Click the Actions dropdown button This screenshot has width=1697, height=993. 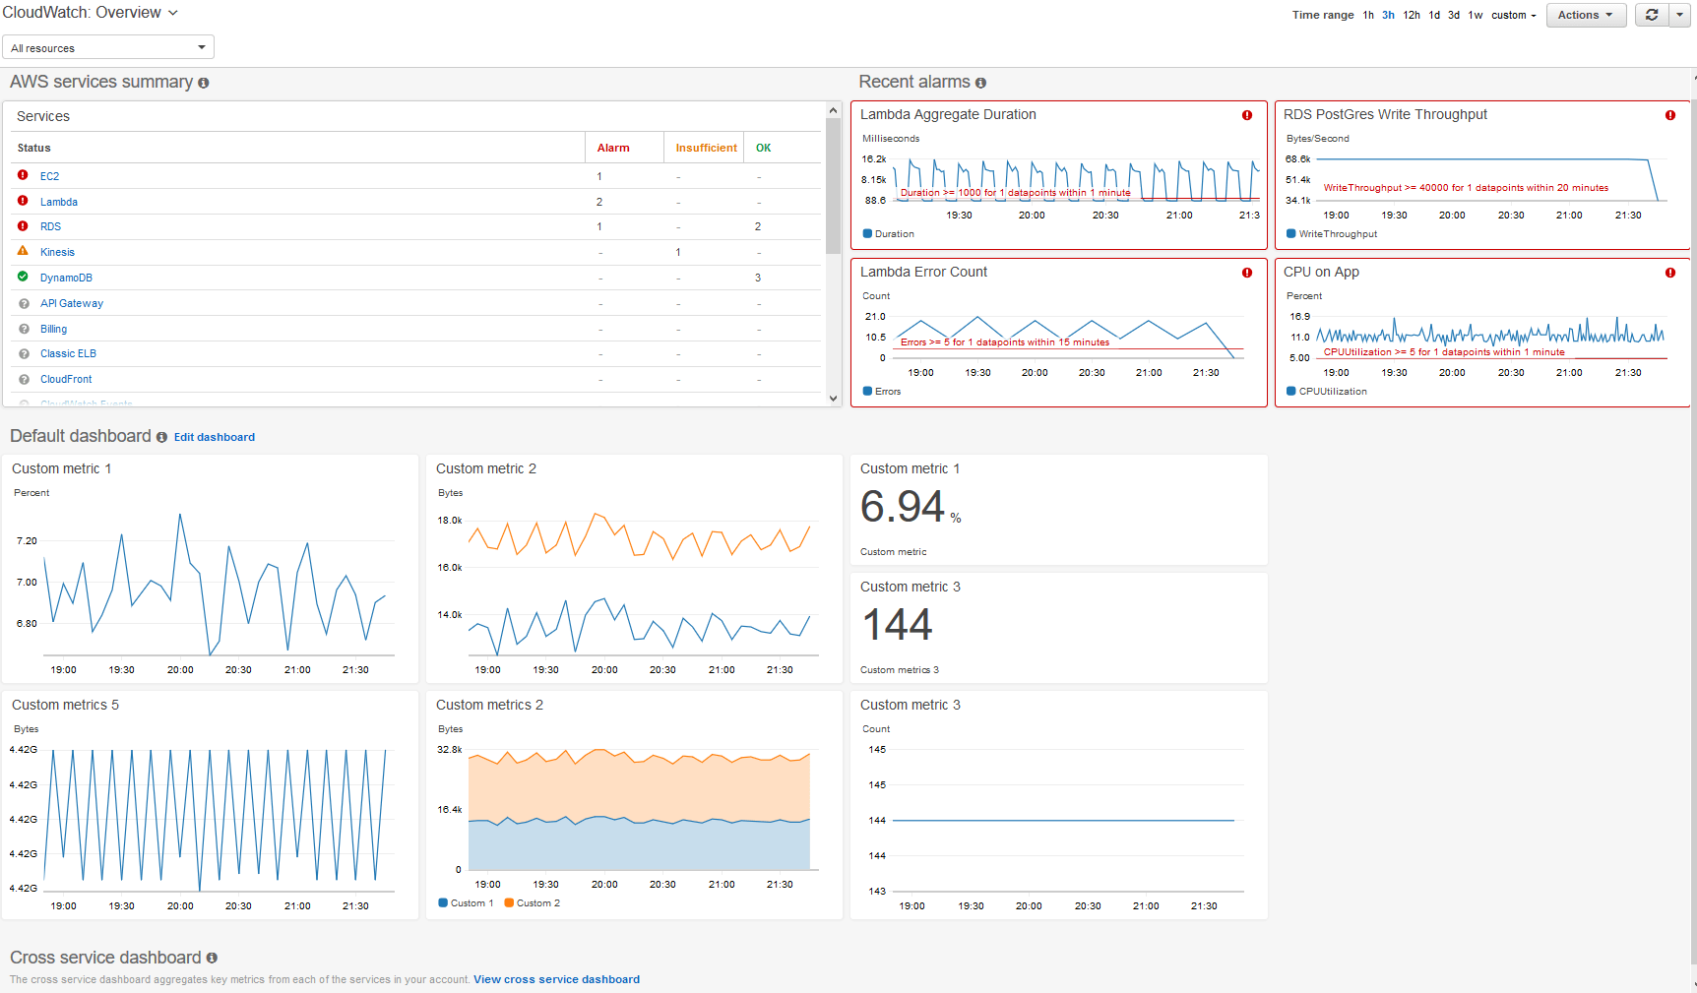coord(1585,15)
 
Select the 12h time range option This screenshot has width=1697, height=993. coord(1412,15)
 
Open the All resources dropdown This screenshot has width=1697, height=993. coord(108,47)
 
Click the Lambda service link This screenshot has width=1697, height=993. coord(58,202)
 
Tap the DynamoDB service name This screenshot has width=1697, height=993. coord(66,278)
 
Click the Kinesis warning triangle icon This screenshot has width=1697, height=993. coord(23,252)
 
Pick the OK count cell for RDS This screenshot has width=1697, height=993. coord(758,226)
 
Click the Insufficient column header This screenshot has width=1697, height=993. coord(706,148)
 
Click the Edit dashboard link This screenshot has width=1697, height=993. coord(214,437)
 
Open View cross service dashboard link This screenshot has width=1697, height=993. coord(556,979)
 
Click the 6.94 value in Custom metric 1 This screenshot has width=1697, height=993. coord(902,508)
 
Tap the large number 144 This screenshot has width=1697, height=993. coord(897,625)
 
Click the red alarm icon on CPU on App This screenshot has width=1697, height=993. coord(1669,273)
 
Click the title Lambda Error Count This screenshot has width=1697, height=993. coord(923,272)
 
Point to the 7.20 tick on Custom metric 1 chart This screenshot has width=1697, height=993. coord(27,541)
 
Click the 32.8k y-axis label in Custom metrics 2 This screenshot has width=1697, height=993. coord(449,750)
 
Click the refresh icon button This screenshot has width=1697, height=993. coord(1652,15)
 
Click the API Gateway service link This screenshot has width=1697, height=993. coord(71,303)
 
